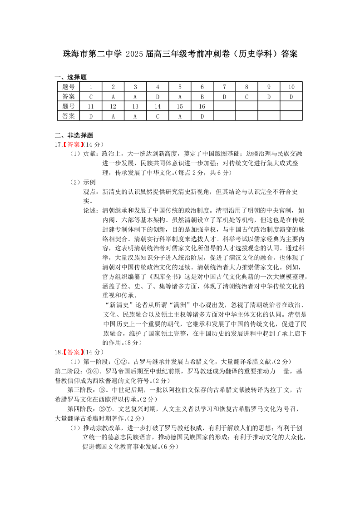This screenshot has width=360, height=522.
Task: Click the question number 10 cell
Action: click(291, 87)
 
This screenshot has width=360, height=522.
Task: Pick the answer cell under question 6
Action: click(202, 96)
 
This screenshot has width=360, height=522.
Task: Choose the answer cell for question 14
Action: click(158, 116)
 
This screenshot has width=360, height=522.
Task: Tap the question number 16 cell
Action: click(202, 106)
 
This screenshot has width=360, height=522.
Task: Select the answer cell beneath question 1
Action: click(91, 96)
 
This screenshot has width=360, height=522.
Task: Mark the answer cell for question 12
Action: click(113, 116)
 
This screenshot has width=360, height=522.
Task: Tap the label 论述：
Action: click(90, 210)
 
